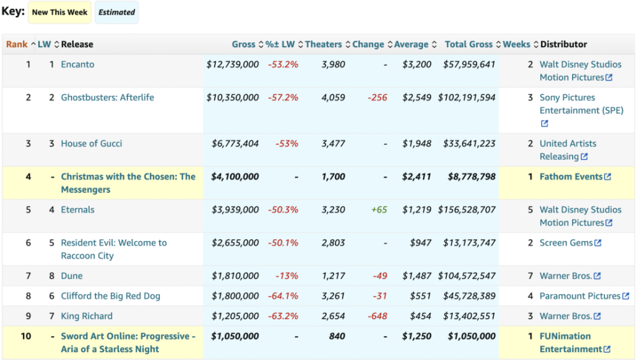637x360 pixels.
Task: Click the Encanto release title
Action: point(78,64)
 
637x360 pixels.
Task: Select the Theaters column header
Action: point(324,45)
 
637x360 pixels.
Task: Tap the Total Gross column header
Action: point(468,45)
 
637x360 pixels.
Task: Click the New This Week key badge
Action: point(59,12)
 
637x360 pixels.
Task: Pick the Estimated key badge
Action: point(117,12)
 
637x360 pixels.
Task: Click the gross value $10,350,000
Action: point(233,97)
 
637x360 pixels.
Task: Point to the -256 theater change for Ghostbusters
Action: point(377,97)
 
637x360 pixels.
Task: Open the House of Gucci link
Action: point(91,143)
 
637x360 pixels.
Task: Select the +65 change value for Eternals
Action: point(379,210)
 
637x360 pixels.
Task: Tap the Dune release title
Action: point(71,276)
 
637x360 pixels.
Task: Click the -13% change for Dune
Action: point(287,276)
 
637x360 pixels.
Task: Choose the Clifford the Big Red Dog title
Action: point(110,296)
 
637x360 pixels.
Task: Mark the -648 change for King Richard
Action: point(377,316)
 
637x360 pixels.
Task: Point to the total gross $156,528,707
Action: point(466,210)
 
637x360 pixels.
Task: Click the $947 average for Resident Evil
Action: point(420,243)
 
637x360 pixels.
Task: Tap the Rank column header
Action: point(17,45)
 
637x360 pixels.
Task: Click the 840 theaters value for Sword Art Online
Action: point(337,336)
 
